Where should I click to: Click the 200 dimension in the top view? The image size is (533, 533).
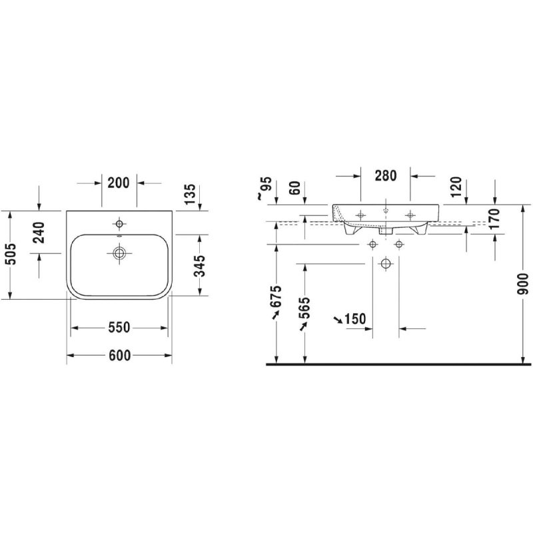(x=119, y=183)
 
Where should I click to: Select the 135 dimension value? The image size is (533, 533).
(x=191, y=194)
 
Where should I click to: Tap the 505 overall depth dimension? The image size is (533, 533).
(x=11, y=254)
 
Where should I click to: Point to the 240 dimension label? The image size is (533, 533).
(x=40, y=233)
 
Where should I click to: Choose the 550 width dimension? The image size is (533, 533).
(x=119, y=328)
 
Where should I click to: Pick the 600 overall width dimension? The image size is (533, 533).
(x=119, y=356)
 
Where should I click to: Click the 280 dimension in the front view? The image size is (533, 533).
(x=386, y=176)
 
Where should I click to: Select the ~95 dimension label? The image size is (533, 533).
(x=265, y=188)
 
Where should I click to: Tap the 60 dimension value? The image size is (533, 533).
(x=295, y=188)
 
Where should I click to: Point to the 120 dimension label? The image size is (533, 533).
(x=456, y=187)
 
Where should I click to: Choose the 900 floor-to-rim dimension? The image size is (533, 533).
(x=524, y=284)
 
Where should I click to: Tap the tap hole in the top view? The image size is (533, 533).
(x=119, y=224)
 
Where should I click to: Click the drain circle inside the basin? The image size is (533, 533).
(x=119, y=253)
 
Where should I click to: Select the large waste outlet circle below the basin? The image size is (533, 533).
(x=386, y=263)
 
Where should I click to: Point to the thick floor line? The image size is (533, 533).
(x=398, y=364)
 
